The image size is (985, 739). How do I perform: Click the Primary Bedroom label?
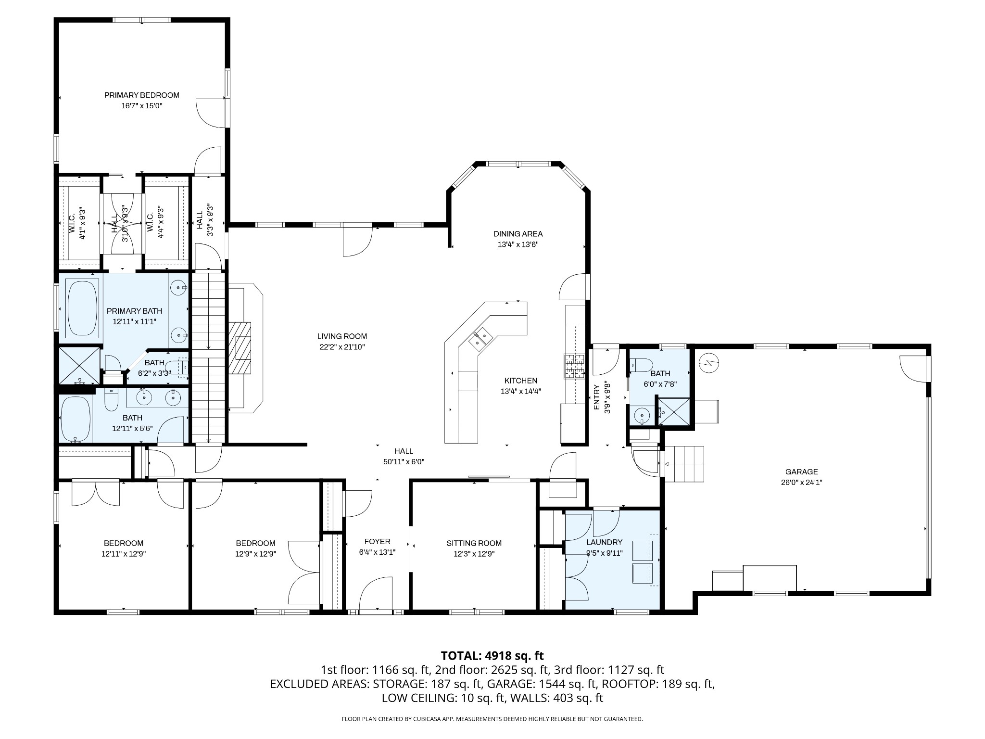tap(142, 95)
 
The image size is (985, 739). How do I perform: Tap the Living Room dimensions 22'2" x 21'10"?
tap(342, 347)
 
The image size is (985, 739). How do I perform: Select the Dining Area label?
tap(518, 234)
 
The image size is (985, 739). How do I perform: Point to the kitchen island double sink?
tap(480, 336)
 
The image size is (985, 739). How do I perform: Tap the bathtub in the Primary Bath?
tap(83, 308)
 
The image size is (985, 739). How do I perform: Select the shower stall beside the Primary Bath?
tap(80, 366)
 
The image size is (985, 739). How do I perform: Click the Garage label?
tap(801, 472)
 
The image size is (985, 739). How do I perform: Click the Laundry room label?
tap(605, 542)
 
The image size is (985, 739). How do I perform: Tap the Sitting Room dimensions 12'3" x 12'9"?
tap(474, 554)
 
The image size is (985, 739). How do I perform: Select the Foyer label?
tap(378, 541)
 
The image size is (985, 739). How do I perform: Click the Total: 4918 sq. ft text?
tap(492, 655)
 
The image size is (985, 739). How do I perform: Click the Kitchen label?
tap(521, 381)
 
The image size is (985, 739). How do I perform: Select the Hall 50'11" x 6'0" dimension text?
tap(404, 462)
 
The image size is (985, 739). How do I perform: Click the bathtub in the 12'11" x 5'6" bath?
tap(76, 419)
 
